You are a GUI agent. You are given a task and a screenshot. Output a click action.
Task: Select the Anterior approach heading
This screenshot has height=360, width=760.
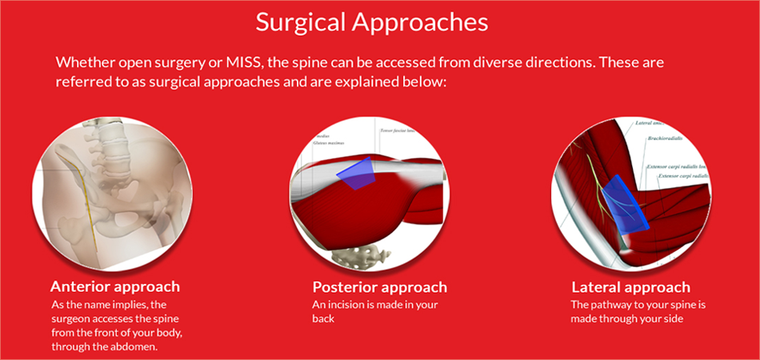click(x=114, y=286)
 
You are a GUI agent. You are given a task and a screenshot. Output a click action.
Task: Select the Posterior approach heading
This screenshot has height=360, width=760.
click(x=379, y=286)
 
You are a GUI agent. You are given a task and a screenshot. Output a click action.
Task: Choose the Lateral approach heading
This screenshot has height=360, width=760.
click(x=630, y=286)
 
